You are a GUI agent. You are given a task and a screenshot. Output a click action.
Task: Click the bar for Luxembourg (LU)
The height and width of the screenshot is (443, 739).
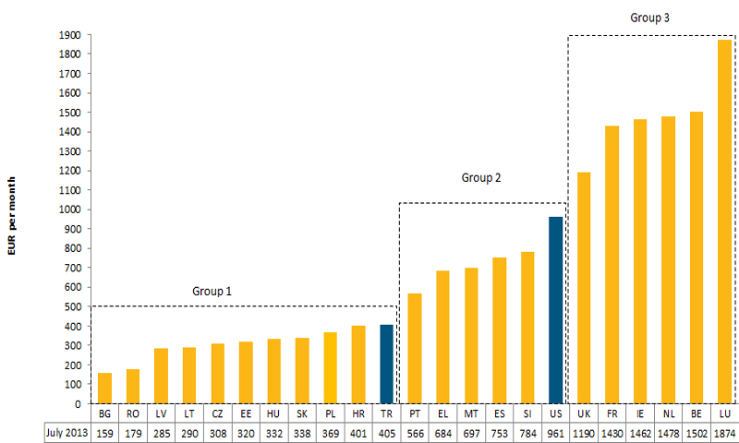coord(724,221)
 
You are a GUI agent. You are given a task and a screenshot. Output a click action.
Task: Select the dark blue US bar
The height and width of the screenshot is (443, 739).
coord(555,310)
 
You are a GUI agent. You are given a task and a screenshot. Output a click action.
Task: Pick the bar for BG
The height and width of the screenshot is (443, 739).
coord(104,388)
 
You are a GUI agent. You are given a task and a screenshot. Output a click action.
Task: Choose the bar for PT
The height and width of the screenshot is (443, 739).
coord(415,348)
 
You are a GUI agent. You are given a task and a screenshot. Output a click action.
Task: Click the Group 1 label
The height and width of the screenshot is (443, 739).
coord(212,291)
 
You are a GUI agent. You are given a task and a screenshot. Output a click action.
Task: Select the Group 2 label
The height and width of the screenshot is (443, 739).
coord(480,177)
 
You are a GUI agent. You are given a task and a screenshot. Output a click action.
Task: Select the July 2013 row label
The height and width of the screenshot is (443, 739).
coord(67,432)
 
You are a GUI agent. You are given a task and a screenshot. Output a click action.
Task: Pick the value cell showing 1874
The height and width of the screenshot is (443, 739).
coord(724,432)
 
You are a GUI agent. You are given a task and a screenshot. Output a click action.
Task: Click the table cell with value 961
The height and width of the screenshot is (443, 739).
coord(555,432)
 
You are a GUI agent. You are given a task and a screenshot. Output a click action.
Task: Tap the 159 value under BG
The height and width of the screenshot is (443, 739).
coord(104,432)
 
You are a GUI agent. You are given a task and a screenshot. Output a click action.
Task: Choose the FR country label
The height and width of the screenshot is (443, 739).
coord(612,414)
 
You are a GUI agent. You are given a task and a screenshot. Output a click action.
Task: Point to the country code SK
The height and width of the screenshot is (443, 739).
coord(302,414)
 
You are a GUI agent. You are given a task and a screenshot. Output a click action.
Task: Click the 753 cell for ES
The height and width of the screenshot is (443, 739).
coord(499,432)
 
